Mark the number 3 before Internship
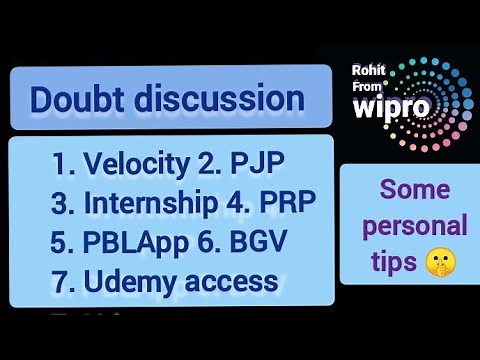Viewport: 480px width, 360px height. click(x=59, y=202)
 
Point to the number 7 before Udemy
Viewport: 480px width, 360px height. click(x=59, y=281)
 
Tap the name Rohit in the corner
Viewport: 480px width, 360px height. click(x=370, y=70)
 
